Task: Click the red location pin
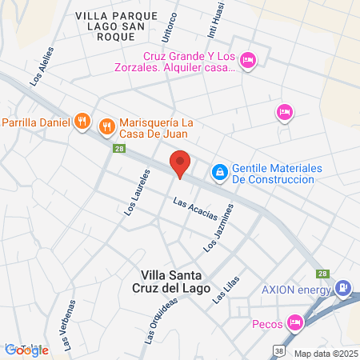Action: point(181,164)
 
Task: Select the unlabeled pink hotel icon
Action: point(284,111)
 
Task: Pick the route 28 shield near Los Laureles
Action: point(118,149)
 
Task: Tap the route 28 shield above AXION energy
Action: point(322,273)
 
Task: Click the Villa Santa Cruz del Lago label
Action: point(174,282)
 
